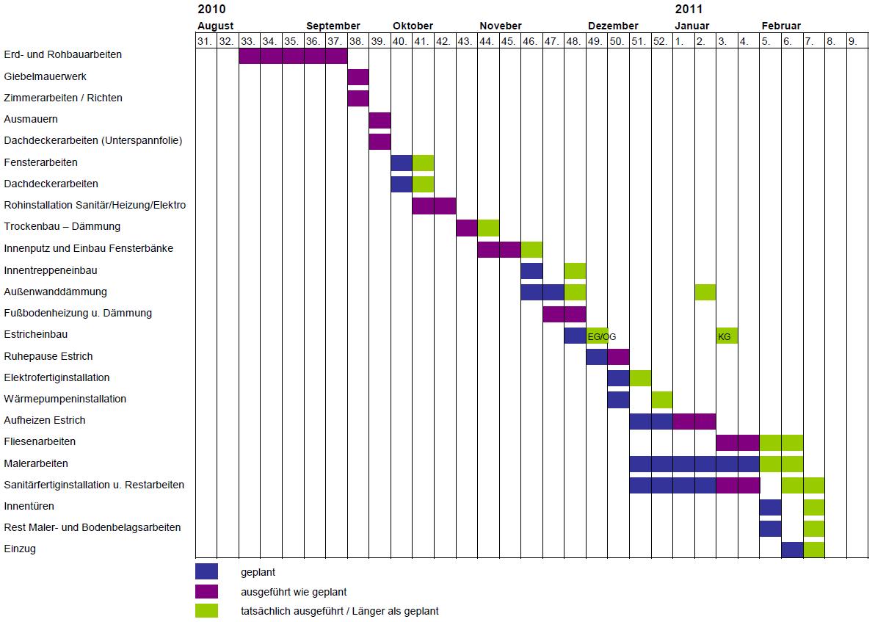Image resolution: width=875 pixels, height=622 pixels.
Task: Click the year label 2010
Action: click(212, 10)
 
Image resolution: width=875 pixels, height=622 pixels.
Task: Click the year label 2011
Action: click(689, 10)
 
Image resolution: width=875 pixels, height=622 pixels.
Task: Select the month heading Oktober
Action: click(413, 26)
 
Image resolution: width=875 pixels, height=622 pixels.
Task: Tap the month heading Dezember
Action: click(613, 26)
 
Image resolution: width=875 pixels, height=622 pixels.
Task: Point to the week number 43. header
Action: click(465, 41)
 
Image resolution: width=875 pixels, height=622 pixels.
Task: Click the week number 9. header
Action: click(853, 41)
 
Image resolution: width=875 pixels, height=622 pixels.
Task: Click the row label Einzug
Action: click(20, 549)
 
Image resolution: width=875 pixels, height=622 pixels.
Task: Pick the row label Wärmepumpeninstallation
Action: click(65, 399)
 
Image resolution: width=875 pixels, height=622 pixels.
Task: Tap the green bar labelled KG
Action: click(727, 336)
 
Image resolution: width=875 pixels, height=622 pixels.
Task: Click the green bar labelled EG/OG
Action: click(597, 336)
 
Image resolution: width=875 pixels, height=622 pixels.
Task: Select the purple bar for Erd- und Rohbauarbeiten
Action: click(293, 55)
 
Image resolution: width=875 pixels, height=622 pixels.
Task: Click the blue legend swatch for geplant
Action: click(206, 571)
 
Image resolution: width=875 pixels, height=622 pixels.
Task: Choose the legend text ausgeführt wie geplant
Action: click(293, 591)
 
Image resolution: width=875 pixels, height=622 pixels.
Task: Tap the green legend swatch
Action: click(206, 610)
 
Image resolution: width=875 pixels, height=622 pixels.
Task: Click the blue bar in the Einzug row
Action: click(792, 549)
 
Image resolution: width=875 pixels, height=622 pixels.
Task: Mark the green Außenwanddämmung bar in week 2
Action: click(705, 292)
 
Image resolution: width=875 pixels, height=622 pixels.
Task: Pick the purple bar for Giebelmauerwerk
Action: click(358, 77)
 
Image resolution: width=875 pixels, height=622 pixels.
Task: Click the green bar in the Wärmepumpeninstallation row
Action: click(662, 399)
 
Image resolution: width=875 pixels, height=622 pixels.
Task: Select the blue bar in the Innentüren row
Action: click(770, 507)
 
